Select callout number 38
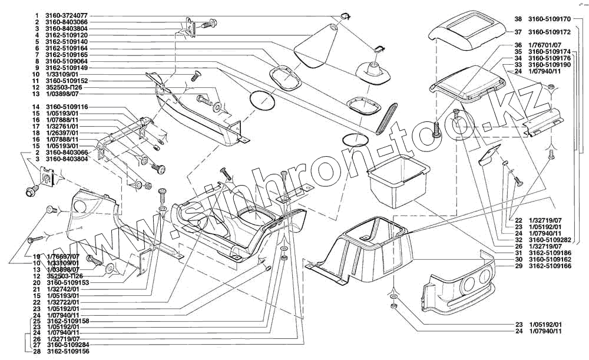click(517, 19)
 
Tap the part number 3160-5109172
click(550, 32)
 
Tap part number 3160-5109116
click(67, 107)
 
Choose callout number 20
click(37, 283)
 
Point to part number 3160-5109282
click(550, 240)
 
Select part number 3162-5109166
click(550, 266)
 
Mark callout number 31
click(517, 253)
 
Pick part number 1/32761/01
click(67, 126)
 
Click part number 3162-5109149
click(67, 68)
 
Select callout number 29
click(517, 266)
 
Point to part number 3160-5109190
click(550, 65)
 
